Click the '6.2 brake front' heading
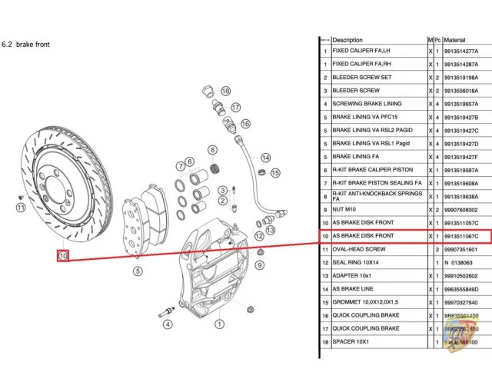(x=27, y=45)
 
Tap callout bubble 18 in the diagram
(x=226, y=91)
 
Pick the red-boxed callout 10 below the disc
(x=63, y=255)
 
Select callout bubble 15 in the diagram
(x=275, y=173)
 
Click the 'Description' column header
(x=347, y=40)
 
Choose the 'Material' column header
(x=455, y=40)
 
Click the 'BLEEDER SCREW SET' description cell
(x=362, y=78)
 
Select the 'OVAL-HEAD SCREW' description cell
(x=359, y=249)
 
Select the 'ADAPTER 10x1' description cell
(x=354, y=275)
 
